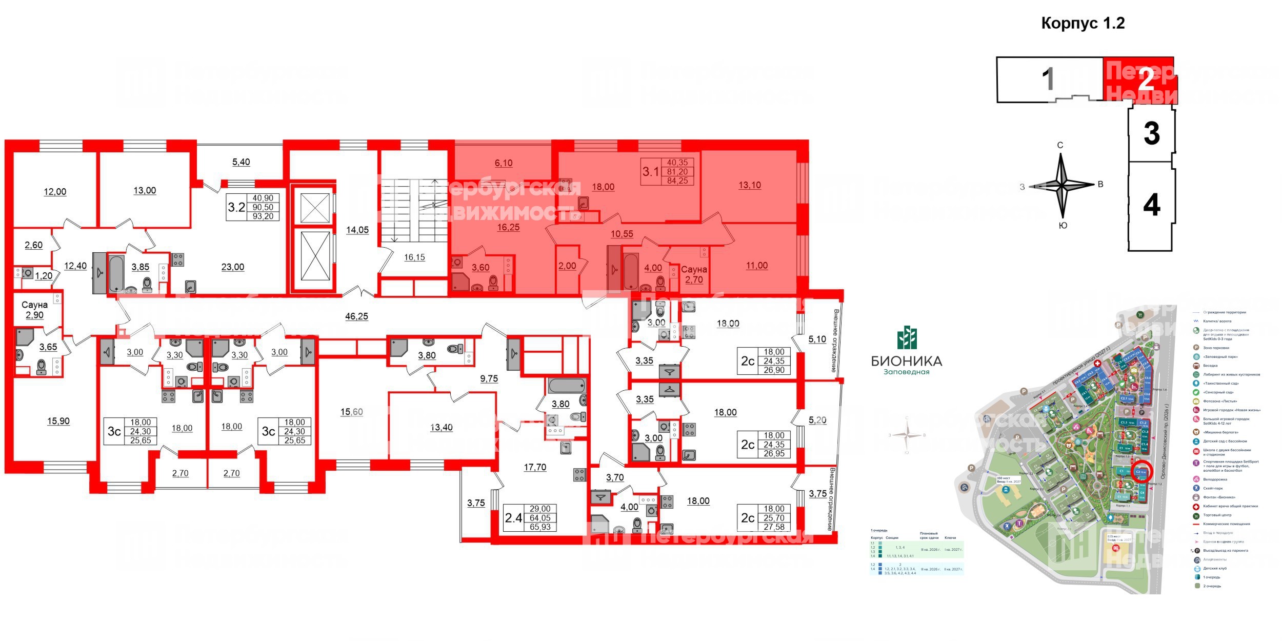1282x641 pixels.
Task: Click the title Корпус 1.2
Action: (1083, 23)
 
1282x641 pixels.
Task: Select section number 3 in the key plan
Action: (1151, 133)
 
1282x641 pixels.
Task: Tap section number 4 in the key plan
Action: (1151, 206)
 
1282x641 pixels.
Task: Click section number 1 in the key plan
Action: (1049, 79)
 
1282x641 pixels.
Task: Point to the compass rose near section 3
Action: (1061, 186)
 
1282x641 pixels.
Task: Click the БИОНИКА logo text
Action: (907, 361)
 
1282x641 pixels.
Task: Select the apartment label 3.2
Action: (236, 207)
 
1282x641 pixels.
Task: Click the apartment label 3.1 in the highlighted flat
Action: (651, 171)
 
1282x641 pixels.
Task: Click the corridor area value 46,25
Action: (356, 316)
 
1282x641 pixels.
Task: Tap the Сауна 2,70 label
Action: (694, 274)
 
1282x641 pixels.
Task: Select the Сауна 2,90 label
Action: (35, 310)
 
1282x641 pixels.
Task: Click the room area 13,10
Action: (750, 185)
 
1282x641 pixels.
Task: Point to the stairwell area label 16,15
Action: (414, 257)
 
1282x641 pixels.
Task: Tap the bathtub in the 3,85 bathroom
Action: (115, 273)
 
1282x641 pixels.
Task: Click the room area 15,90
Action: (58, 421)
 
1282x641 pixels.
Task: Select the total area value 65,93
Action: (540, 527)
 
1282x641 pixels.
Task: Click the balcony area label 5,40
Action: (241, 162)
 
